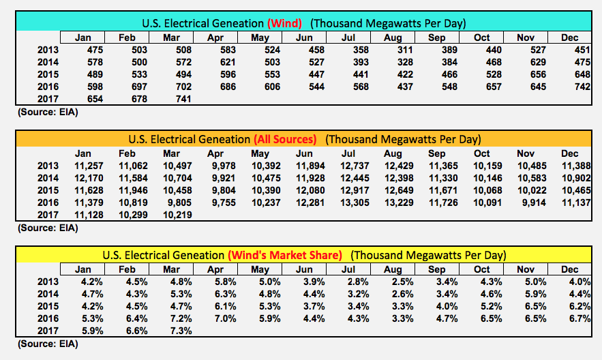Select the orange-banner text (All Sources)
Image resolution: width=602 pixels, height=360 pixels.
click(285, 139)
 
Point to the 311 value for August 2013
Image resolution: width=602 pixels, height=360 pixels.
click(396, 50)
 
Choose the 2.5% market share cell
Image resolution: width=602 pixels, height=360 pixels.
click(396, 282)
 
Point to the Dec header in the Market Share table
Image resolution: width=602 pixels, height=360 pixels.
click(569, 269)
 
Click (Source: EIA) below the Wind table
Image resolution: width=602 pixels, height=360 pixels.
click(43, 112)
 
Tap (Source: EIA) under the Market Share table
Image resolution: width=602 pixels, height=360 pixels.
click(43, 344)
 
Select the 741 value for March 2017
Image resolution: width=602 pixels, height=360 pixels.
click(179, 99)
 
